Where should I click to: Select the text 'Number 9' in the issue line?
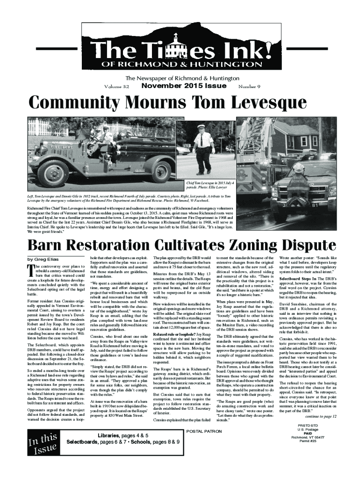point(249,87)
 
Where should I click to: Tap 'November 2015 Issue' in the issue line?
point(184,87)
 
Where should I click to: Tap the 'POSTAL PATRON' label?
point(204,430)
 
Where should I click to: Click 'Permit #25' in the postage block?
point(304,441)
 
